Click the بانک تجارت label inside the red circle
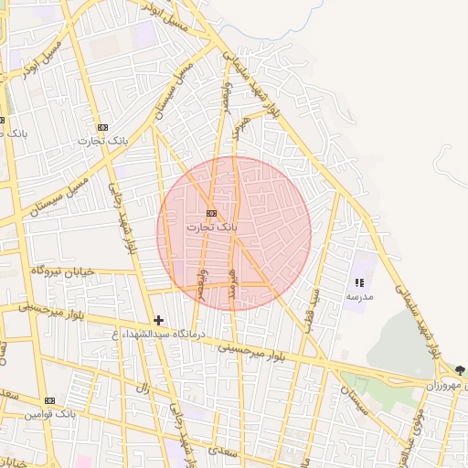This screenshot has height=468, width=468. (211, 226)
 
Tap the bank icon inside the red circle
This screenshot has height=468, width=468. (212, 213)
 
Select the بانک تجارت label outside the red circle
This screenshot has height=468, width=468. (102, 141)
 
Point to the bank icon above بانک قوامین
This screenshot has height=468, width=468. (49, 400)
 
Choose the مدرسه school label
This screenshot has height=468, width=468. (358, 297)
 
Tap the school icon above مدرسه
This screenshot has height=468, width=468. (359, 283)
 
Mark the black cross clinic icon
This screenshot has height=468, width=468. (159, 320)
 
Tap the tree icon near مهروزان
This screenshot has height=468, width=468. (460, 371)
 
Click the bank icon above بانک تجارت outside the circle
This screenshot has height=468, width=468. (102, 127)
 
